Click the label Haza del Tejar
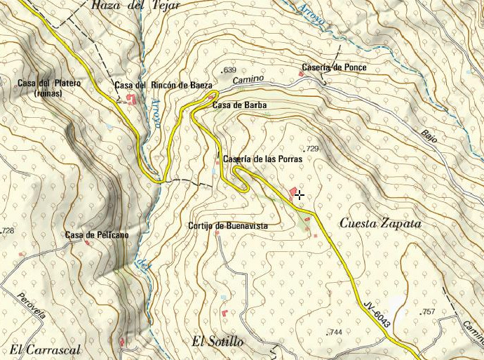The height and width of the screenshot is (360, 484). (x=135, y=5)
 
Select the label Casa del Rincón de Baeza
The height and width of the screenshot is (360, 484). (x=163, y=85)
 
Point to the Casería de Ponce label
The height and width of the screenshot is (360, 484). (x=334, y=67)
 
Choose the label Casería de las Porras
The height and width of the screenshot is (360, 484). (x=262, y=159)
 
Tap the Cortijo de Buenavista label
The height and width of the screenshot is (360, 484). (x=228, y=226)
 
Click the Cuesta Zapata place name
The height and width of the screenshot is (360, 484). (x=380, y=223)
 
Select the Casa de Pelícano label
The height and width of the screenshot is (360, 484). (x=97, y=235)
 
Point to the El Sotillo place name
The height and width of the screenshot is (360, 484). (x=217, y=342)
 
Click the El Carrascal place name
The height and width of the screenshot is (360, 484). (x=46, y=349)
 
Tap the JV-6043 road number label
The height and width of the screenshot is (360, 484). (x=377, y=314)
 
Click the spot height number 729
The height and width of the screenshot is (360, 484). (x=311, y=149)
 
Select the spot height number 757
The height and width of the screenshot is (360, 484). (x=427, y=311)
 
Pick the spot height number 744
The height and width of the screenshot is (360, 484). (x=335, y=332)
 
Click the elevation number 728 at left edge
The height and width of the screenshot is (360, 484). (x=8, y=230)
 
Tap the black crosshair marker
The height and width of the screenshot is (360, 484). (x=300, y=194)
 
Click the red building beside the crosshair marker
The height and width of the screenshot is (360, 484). (x=292, y=191)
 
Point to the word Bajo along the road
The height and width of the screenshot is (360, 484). (x=429, y=136)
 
